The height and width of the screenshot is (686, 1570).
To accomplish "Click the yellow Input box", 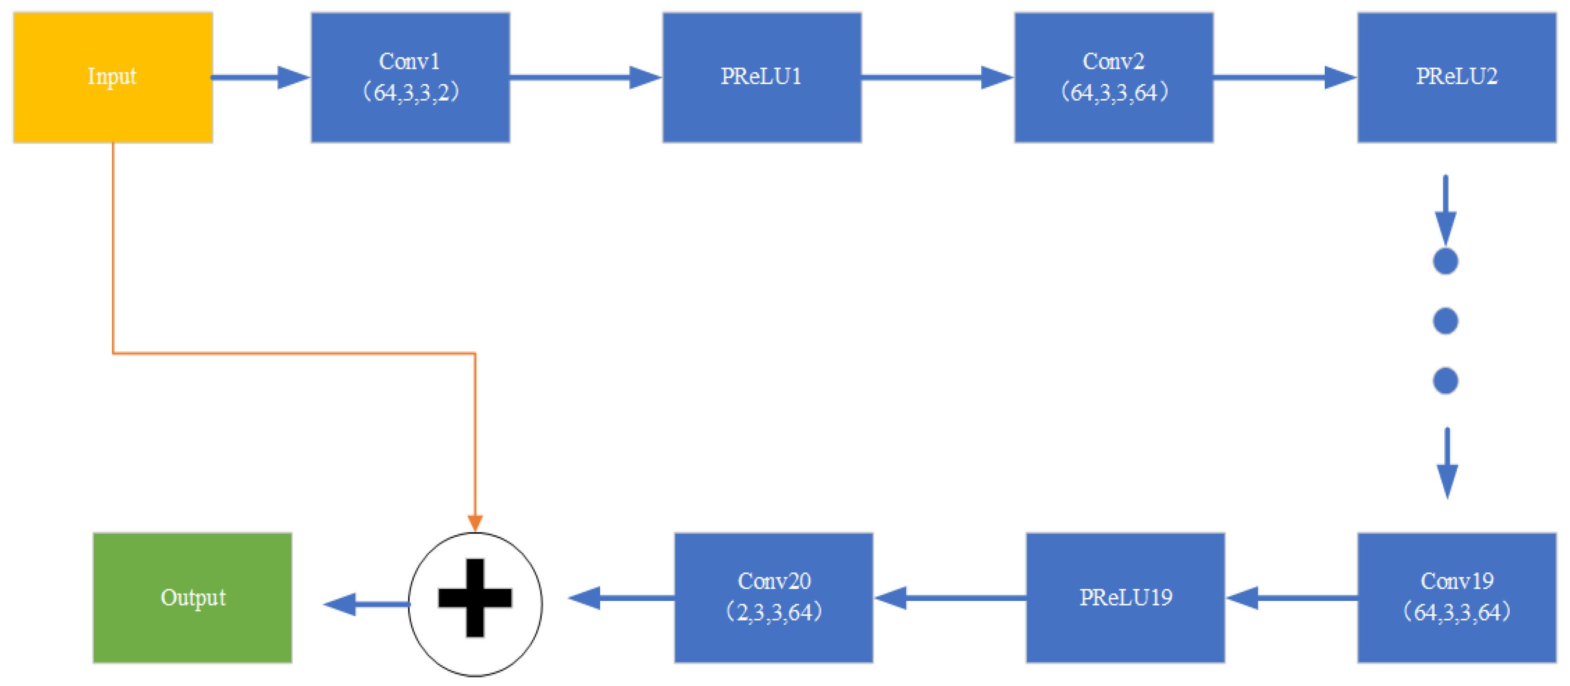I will coord(113,78).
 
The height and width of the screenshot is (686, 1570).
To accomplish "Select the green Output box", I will coord(192,597).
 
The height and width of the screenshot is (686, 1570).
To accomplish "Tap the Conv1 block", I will coord(410,78).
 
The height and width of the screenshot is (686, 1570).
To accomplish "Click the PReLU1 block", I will coord(762,78).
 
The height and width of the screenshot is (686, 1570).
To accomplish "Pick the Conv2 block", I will coord(1113,78).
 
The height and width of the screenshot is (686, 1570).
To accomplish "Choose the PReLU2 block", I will coord(1457,78).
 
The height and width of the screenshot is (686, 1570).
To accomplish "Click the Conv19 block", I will coord(1457,597).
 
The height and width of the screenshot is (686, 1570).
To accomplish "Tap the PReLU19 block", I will coord(1125,597).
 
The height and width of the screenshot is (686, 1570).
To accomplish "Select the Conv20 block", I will coord(773,597).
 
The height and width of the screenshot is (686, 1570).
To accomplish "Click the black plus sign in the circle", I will coord(475,597).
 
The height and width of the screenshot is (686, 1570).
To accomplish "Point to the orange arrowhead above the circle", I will coord(475,523).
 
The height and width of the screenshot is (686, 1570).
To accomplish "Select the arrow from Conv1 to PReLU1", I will coord(585,78).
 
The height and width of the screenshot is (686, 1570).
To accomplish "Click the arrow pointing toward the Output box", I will coord(366,604).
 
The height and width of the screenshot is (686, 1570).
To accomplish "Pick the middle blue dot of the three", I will coord(1445,321).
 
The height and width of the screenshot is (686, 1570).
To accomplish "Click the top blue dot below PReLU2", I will coord(1445,261).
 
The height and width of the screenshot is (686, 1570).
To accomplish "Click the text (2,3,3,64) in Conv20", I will coord(773,612).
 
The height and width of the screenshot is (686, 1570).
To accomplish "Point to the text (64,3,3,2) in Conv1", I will coord(410,92).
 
